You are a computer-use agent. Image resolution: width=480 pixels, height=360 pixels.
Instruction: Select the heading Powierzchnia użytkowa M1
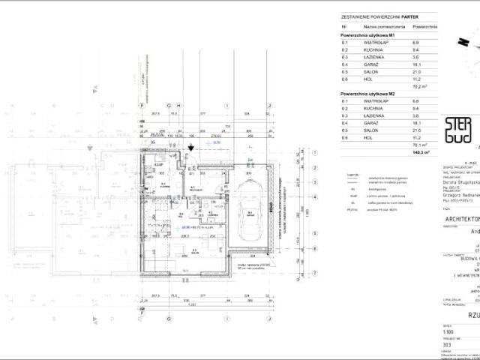coord(367,35)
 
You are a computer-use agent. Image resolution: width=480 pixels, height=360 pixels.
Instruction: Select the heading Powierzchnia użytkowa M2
coord(367,92)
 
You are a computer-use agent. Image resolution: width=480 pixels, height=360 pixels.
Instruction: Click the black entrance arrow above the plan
coord(192,148)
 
